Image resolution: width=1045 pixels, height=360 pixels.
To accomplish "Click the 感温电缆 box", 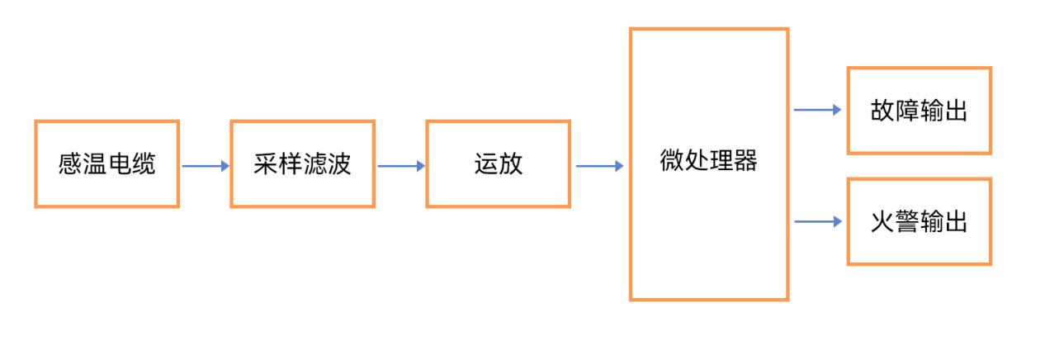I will [x=106, y=163].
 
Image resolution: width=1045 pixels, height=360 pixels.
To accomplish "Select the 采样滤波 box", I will [x=302, y=163].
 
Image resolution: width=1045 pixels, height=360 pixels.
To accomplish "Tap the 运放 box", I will [x=498, y=163].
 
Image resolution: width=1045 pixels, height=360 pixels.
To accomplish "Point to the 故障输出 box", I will [x=919, y=111].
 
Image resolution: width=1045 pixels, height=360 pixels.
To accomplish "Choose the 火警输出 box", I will [x=919, y=221].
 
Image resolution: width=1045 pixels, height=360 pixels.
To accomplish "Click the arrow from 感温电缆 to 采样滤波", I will [x=205, y=166].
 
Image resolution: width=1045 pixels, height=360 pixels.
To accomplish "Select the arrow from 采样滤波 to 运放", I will [x=400, y=166].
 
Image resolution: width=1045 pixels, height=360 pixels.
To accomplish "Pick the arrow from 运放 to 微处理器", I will [x=599, y=166].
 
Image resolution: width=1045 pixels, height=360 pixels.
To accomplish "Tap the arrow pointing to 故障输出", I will [x=817, y=110].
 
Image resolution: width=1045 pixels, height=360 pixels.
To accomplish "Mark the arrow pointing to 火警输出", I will [x=817, y=221].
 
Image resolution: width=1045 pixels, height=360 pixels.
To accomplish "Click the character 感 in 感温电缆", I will [x=70, y=163].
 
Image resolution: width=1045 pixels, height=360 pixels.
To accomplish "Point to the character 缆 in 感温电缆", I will [x=143, y=163].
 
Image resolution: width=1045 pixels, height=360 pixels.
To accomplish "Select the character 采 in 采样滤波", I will [x=266, y=163].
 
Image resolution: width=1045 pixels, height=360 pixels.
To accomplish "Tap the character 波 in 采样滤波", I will [x=338, y=163].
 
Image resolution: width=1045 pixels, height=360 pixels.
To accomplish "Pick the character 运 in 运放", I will [x=486, y=163].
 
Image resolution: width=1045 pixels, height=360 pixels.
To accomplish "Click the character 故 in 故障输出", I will [x=882, y=111].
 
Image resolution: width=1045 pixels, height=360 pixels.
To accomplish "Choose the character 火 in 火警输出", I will [x=882, y=221].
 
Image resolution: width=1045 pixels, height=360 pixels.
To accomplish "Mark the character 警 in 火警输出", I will [x=907, y=221].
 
